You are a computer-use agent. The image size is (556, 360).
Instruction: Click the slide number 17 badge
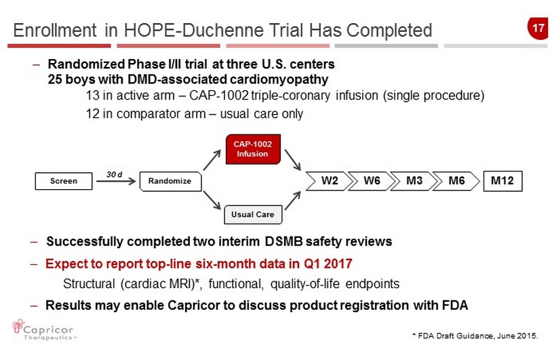538,28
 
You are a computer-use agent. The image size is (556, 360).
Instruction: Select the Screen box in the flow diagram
64,181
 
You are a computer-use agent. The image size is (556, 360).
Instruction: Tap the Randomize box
171,181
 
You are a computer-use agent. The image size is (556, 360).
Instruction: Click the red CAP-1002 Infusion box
253,149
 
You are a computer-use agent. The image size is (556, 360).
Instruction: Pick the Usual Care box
253,215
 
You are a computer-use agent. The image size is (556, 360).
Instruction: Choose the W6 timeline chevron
371,181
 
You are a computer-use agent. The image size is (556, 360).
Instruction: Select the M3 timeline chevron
414,181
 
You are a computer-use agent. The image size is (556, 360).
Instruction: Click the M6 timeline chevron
456,181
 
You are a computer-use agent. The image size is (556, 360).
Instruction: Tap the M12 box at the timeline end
503,181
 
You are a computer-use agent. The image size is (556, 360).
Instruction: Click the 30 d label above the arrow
114,174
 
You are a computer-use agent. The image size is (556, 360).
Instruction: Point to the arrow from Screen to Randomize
116,181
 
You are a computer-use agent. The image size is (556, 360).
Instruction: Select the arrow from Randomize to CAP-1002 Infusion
212,160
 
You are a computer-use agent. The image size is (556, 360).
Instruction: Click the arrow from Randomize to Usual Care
212,201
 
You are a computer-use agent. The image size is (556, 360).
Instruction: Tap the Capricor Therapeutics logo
43,330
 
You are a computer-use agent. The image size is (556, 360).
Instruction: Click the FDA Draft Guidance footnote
475,336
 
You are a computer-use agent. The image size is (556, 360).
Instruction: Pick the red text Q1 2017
327,264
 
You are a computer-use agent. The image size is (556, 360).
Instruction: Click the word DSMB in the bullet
283,241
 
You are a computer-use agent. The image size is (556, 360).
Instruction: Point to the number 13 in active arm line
92,96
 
